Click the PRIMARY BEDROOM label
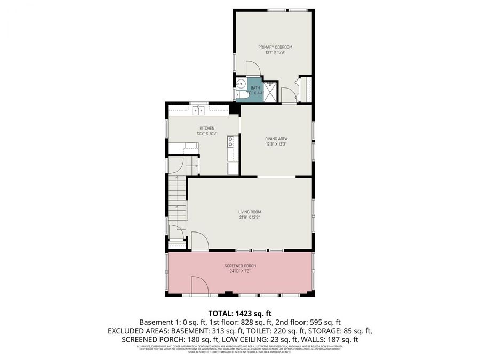pyautogui.click(x=275, y=47)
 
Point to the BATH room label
pyautogui.click(x=255, y=88)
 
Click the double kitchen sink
pyautogui.click(x=198, y=110)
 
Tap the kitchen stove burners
pyautogui.click(x=230, y=141)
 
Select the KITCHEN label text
pyautogui.click(x=207, y=128)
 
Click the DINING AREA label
pyautogui.click(x=276, y=139)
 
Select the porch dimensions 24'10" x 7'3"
pyautogui.click(x=239, y=271)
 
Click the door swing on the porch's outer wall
pyautogui.click(x=199, y=285)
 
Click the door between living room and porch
pyautogui.click(x=199, y=241)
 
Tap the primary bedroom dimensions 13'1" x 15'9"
pyautogui.click(x=275, y=52)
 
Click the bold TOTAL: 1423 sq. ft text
pyautogui.click(x=239, y=313)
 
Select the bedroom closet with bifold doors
pyautogui.click(x=306, y=90)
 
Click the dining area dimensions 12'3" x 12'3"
pyautogui.click(x=276, y=144)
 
